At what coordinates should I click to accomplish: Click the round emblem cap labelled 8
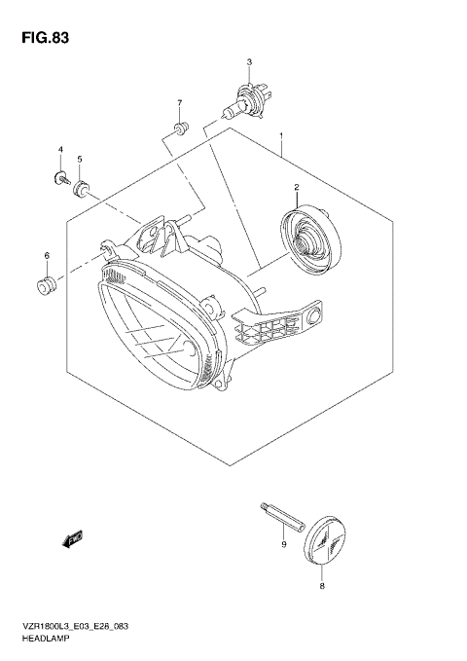coord(324,539)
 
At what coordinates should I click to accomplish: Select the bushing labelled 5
coord(83,185)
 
